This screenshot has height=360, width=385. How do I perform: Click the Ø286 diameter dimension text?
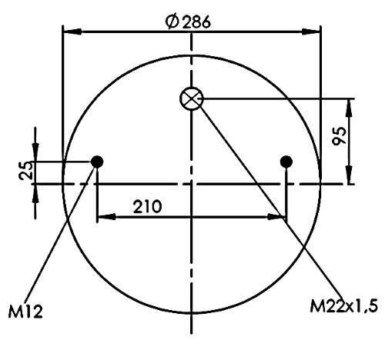coord(188,22)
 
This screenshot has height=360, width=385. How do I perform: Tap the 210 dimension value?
coord(148,207)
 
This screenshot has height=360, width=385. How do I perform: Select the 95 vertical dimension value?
coord(339,136)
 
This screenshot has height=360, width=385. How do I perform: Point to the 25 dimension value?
coord(26,170)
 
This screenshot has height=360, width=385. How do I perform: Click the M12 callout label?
coord(25,312)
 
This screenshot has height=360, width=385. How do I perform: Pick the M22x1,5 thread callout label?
coord(344,306)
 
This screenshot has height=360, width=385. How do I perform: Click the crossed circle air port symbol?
coord(192,98)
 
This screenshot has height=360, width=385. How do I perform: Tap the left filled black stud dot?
coord(97,162)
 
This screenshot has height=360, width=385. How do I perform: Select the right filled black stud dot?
coord(286,162)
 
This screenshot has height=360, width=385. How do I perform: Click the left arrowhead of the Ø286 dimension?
coord(72,32)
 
